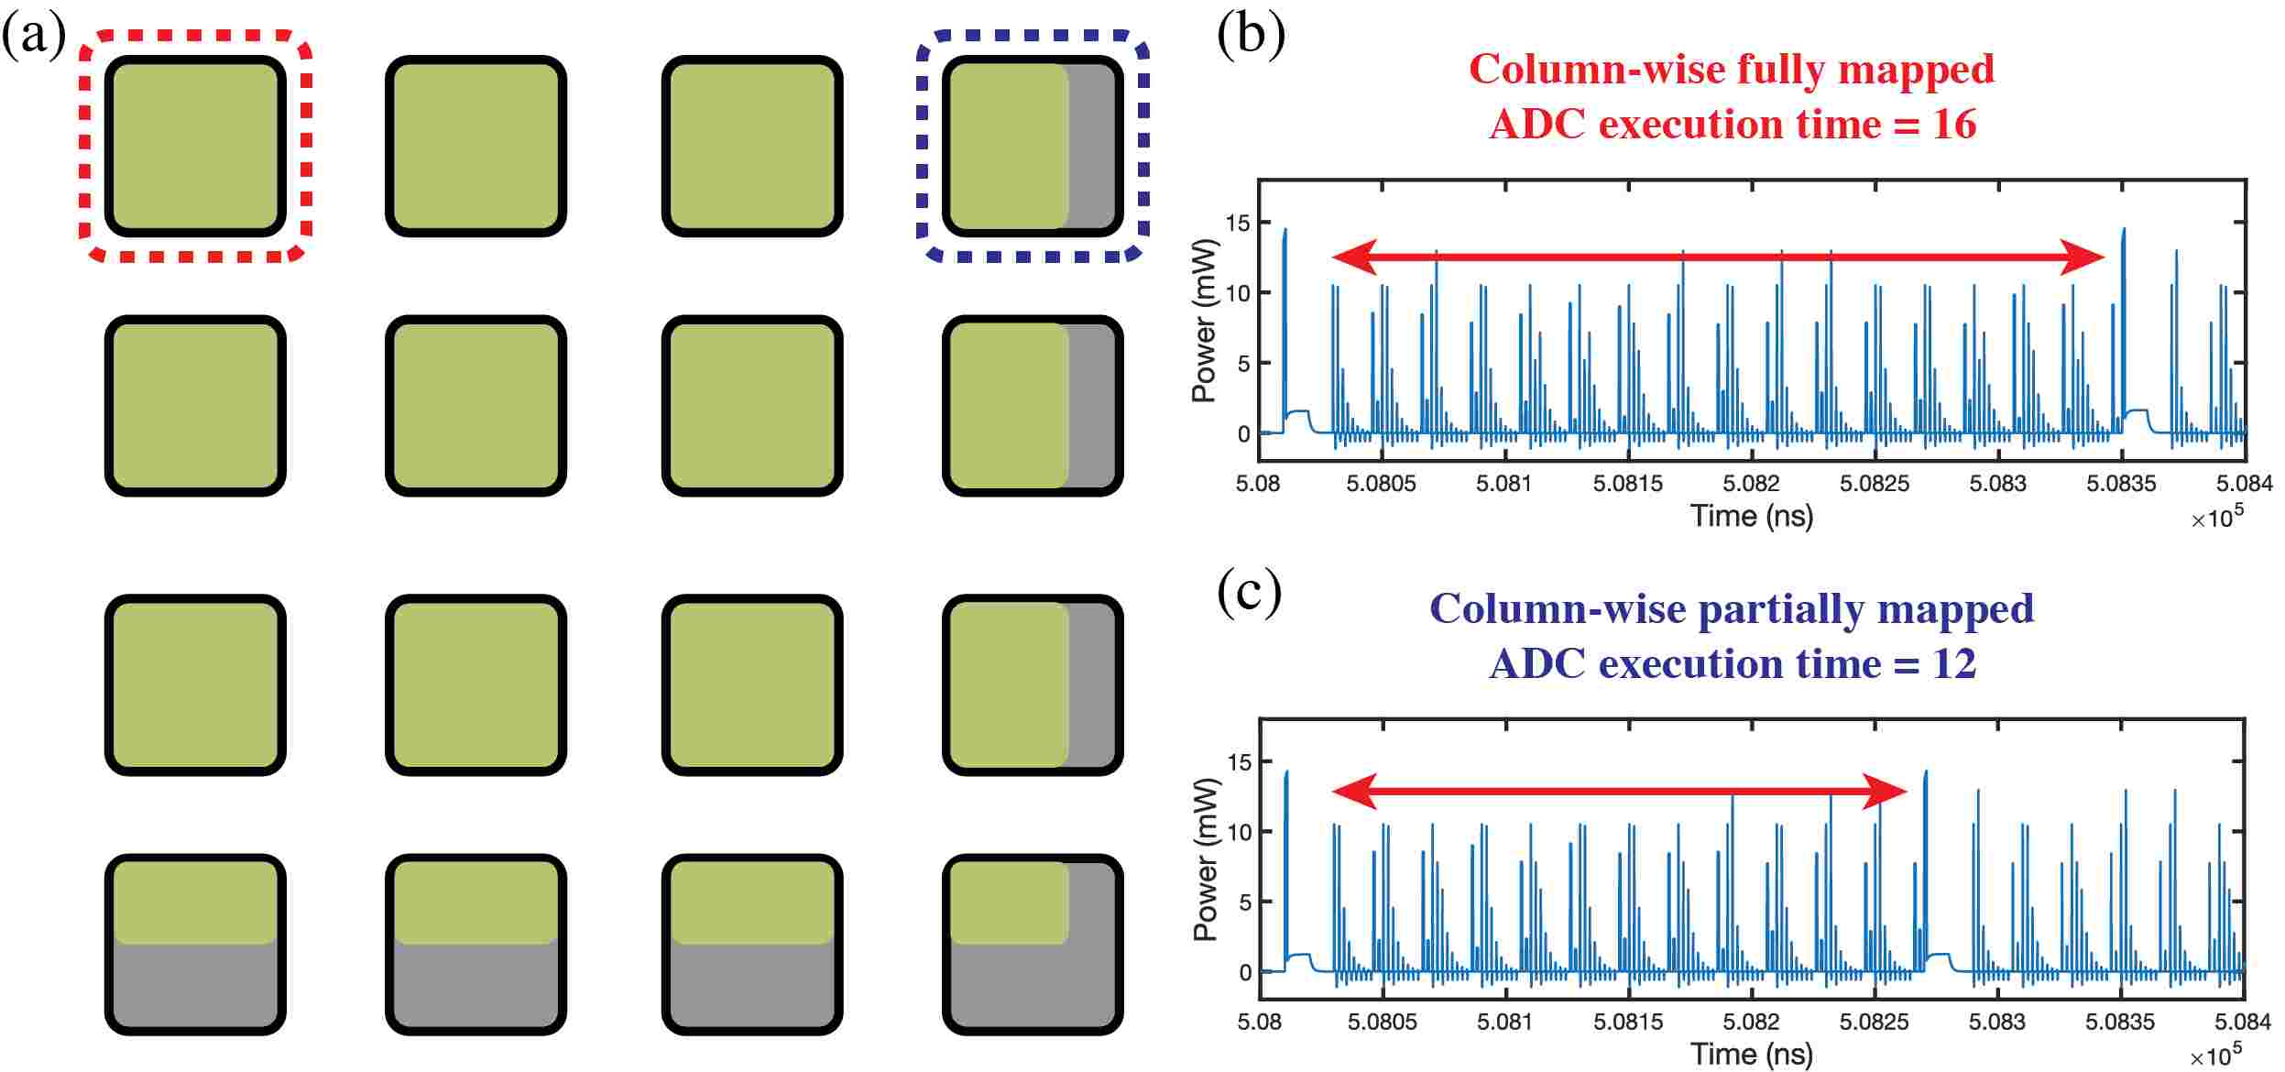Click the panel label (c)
1249,593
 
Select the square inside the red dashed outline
195,146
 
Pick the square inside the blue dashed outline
1033,146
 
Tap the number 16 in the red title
1953,124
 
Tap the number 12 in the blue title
1953,663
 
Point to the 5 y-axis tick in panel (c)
1243,902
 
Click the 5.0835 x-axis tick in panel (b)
2121,484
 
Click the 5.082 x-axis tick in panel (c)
1751,1022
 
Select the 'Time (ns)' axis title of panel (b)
1751,516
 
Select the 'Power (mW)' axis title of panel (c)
1206,859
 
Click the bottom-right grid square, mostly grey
1033,945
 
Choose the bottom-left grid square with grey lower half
195,945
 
